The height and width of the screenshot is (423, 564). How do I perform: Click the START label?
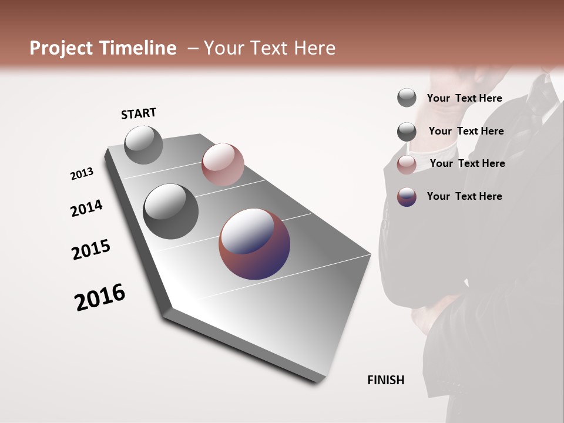point(139,113)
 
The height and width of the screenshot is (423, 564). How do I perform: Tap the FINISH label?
point(385,380)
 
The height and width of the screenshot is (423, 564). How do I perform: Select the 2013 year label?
point(82,174)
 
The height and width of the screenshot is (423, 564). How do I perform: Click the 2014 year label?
point(86,208)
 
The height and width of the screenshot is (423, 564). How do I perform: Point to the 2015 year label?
point(91,249)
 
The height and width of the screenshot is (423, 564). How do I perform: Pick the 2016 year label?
point(100,297)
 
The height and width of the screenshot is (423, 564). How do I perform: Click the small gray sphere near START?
point(143,145)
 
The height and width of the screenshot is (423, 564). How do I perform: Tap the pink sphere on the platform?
point(223,164)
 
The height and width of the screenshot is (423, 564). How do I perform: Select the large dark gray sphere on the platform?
point(170,211)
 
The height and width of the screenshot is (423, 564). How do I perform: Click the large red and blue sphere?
point(254,243)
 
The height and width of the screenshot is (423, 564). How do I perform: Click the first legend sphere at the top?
point(407,98)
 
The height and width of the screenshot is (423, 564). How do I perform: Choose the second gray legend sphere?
point(407,132)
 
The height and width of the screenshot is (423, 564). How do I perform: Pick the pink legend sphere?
point(407,164)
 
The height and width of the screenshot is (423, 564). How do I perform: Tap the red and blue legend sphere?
point(407,197)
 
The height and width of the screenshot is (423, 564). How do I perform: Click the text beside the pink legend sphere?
point(467,163)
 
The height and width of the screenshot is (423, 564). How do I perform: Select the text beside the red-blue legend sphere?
point(464,196)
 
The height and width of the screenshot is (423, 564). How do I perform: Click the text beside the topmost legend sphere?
point(464,99)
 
